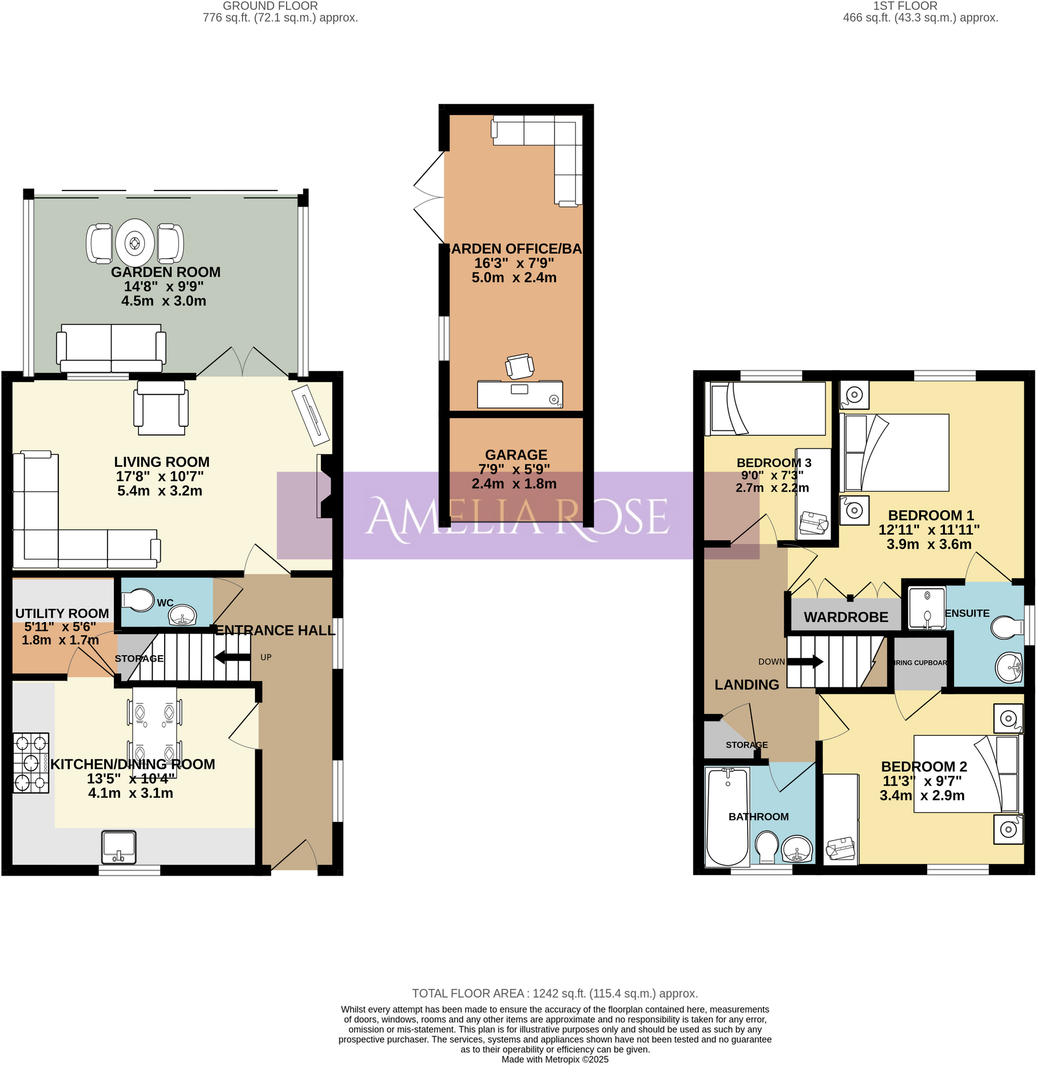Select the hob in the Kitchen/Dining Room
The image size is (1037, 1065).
31,762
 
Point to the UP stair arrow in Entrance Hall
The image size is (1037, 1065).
232,658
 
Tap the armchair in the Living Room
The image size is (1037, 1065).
161,407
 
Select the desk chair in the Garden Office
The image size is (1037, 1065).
519,366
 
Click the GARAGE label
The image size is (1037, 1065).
516,455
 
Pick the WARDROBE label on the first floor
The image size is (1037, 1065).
845,617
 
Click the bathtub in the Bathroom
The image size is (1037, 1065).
727,817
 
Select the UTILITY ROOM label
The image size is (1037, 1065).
62,613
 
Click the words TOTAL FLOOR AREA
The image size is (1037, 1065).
468,994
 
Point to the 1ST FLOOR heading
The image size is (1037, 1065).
905,6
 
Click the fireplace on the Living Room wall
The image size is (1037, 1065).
325,486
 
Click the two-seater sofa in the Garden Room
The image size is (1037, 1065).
111,348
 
